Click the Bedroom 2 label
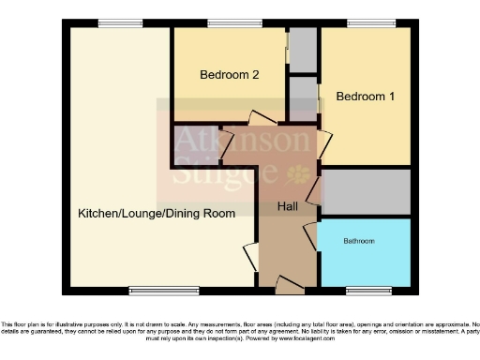coord(229,76)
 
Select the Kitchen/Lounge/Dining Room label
coord(156,214)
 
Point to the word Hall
coord(288,205)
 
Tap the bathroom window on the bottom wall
coord(367,289)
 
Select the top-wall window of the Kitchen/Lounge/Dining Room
coord(114,23)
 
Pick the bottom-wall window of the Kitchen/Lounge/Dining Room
coord(150,289)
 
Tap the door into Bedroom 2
coord(260,118)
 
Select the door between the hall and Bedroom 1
coord(324,142)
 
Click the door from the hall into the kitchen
coord(250,255)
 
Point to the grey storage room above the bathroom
coord(366,192)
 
